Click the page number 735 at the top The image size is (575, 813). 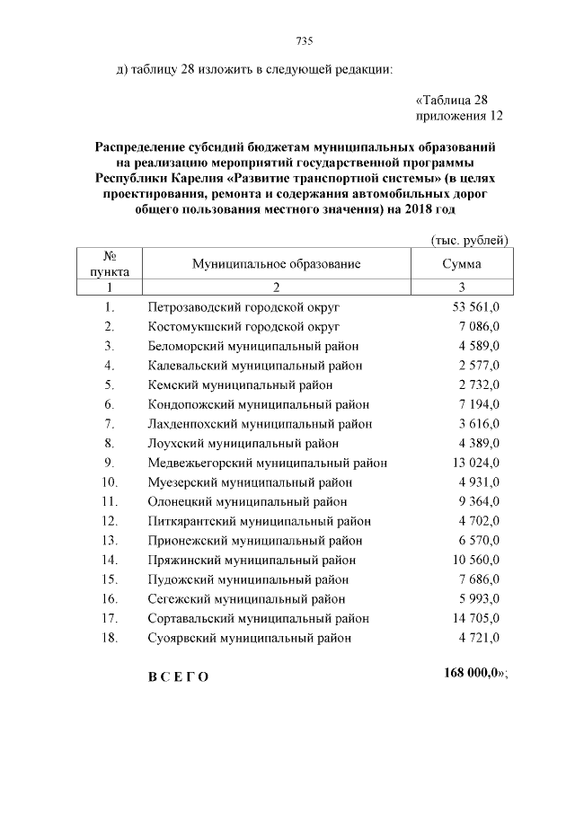point(304,41)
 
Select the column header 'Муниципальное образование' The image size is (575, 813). point(276,264)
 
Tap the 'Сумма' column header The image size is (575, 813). point(462,264)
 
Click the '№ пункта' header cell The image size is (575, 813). point(110,264)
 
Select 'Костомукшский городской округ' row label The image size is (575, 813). point(243,326)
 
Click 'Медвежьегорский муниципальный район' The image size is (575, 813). point(267,463)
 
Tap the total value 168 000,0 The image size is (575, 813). point(474,674)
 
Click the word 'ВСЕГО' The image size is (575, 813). point(178,676)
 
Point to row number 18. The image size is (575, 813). point(110,638)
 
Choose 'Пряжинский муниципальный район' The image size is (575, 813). point(254,560)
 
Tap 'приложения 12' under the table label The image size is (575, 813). point(458,116)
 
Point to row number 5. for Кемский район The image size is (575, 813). point(110,384)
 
